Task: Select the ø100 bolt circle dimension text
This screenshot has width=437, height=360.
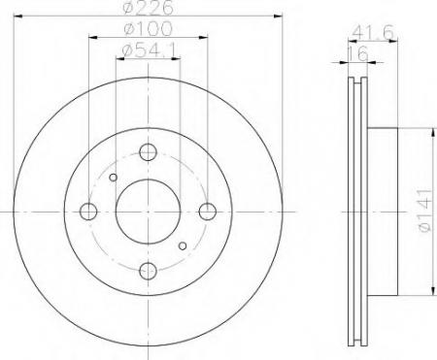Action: (x=147, y=34)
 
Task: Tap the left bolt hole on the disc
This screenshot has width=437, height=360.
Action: (x=88, y=212)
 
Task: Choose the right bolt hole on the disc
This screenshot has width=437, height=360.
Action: (x=207, y=212)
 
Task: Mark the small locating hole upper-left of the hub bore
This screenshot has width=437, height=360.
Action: (x=114, y=178)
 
